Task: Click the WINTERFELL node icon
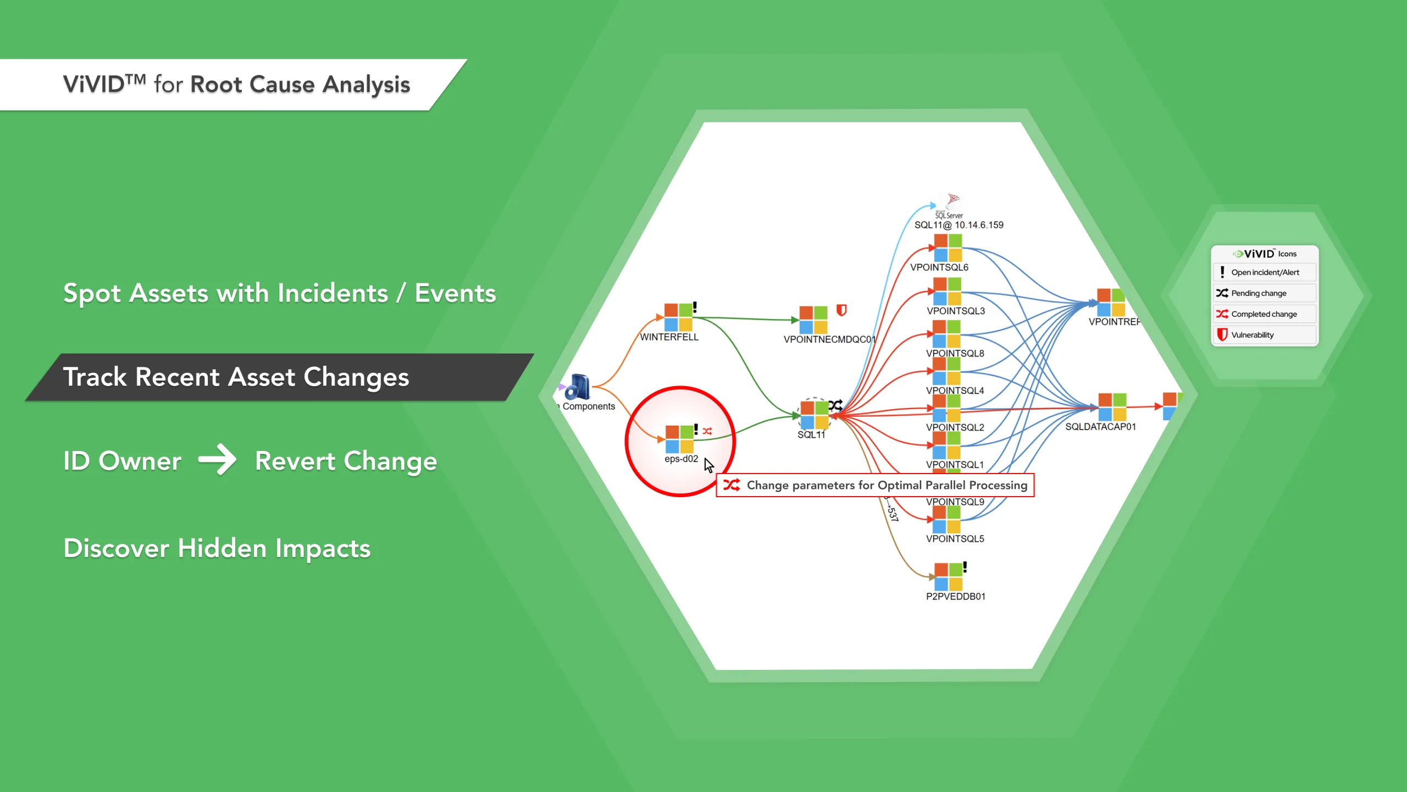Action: pos(678,317)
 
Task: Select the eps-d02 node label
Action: pos(681,459)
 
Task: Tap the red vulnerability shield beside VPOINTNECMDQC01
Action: pos(841,310)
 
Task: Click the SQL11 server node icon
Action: pos(814,415)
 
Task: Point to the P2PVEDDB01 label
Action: pos(955,596)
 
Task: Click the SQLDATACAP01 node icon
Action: pos(1112,407)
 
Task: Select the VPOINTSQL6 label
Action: pos(939,267)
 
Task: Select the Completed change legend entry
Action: pos(1264,314)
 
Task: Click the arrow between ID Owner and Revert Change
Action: pos(217,460)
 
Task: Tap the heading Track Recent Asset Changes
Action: pos(236,377)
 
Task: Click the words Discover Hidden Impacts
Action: pos(217,548)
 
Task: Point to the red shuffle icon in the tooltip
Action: pos(731,485)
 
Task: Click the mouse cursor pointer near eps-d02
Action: pos(708,465)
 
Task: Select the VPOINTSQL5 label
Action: pos(955,539)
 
